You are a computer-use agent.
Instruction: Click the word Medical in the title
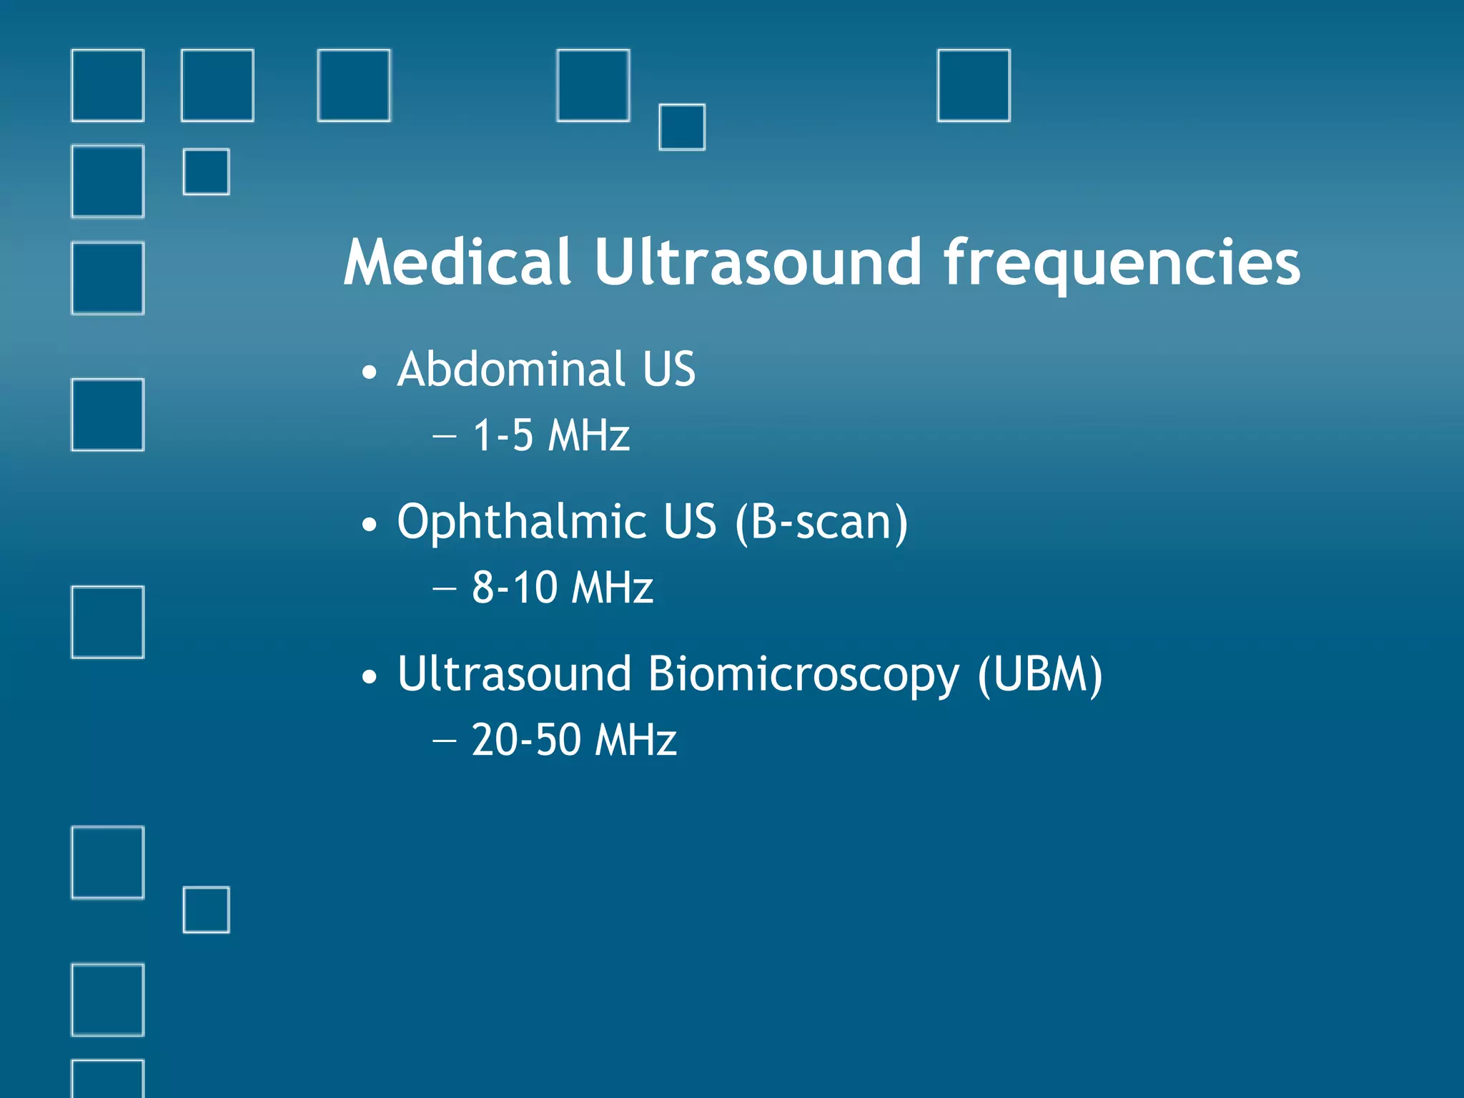(x=457, y=262)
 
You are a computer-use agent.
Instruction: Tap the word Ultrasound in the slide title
(x=757, y=262)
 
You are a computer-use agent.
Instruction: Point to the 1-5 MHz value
(x=551, y=435)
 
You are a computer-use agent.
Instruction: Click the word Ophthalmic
(x=522, y=523)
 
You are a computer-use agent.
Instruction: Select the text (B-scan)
(x=821, y=523)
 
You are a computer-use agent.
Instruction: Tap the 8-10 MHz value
(x=562, y=588)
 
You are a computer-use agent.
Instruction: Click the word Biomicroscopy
(x=803, y=675)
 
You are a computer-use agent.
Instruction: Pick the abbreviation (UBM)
(x=1040, y=675)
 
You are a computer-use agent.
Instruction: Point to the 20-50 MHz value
(x=573, y=740)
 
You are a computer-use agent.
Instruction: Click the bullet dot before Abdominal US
(x=369, y=372)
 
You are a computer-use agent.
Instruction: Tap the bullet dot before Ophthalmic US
(x=369, y=525)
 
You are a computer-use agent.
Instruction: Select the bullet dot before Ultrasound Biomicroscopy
(x=369, y=677)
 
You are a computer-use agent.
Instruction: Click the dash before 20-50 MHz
(x=444, y=741)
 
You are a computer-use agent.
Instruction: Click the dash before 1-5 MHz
(x=444, y=436)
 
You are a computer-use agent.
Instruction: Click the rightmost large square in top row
(x=974, y=86)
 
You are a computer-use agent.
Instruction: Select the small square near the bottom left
(x=207, y=910)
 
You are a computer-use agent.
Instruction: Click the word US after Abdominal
(x=668, y=370)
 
